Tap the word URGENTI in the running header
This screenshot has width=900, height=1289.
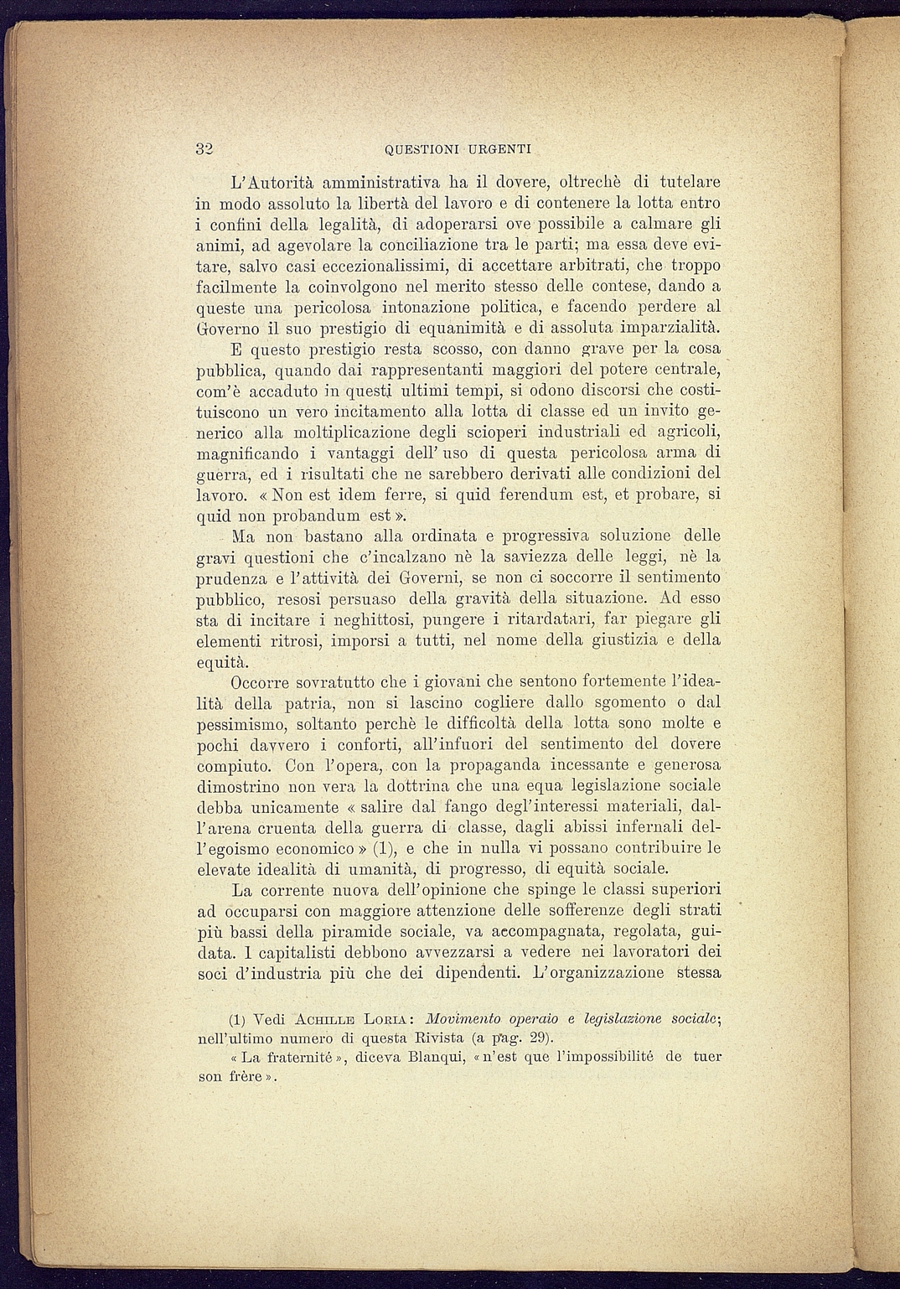point(500,150)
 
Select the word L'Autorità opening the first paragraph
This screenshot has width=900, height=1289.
point(272,181)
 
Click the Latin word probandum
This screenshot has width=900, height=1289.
point(314,515)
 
